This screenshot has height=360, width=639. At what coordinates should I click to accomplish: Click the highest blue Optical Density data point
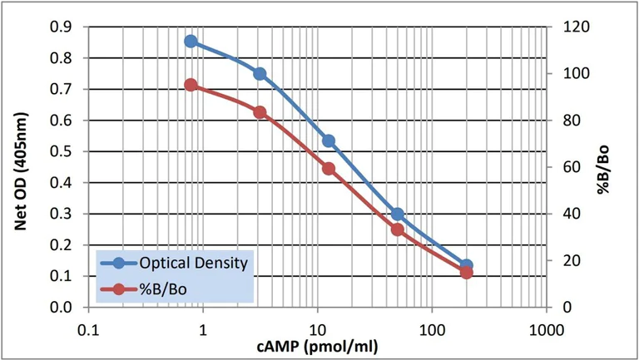click(191, 41)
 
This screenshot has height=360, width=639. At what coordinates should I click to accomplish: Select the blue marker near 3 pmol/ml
click(260, 73)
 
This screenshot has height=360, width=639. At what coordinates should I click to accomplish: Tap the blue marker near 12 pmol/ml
click(329, 141)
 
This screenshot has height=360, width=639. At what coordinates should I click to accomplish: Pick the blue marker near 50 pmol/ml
click(398, 214)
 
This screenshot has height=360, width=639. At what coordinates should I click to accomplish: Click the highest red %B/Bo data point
click(191, 85)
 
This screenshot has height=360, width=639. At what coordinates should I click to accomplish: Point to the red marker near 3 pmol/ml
click(260, 112)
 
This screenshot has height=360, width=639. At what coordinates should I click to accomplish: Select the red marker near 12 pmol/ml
click(329, 169)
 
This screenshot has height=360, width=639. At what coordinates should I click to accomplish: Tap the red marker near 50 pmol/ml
click(398, 229)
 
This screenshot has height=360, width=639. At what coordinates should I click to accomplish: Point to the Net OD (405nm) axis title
click(18, 166)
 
